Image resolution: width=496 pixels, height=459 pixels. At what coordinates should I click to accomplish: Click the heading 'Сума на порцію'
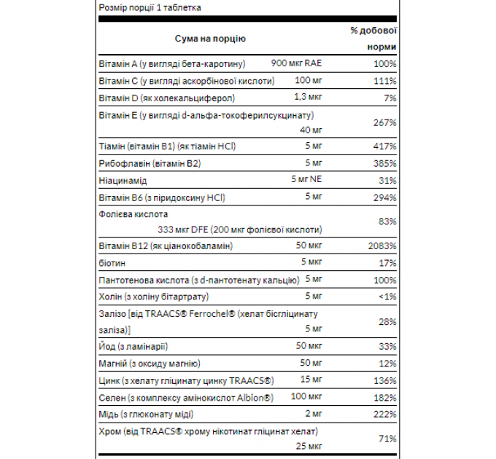click(210, 38)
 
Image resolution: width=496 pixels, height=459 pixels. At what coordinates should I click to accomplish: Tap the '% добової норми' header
click(373, 38)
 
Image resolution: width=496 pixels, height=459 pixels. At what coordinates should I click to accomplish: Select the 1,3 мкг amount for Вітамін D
click(309, 97)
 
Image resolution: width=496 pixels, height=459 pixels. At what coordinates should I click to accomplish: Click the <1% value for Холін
click(386, 297)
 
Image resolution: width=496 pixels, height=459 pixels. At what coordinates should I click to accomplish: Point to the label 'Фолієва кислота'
click(133, 214)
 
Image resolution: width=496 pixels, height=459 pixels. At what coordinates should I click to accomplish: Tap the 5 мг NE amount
click(306, 180)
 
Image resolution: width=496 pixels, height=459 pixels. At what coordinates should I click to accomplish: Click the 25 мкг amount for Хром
click(309, 445)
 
